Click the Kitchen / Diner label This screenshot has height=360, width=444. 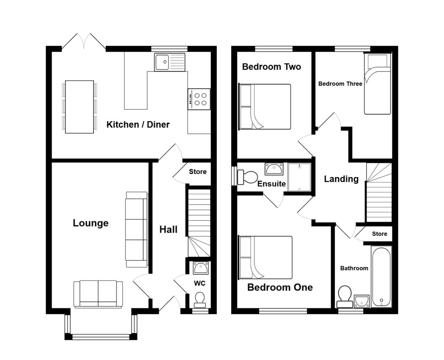click(138, 124)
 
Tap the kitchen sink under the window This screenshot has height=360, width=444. click(169, 62)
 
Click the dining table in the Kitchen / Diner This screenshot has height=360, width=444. click(79, 107)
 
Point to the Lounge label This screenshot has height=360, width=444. click(91, 223)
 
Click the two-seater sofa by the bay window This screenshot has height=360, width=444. click(98, 294)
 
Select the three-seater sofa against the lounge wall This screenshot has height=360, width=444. click(136, 229)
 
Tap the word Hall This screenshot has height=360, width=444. click(168, 229)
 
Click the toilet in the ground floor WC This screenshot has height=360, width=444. click(199, 299)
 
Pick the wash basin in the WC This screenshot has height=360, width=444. click(200, 268)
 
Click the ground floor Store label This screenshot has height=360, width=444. click(198, 172)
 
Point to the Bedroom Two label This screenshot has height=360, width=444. click(271, 67)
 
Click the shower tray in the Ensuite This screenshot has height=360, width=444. click(300, 177)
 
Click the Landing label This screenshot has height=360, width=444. click(341, 179)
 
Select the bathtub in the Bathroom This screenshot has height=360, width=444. click(381, 276)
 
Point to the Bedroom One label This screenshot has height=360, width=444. click(280, 287)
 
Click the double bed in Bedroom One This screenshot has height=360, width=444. click(266, 257)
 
